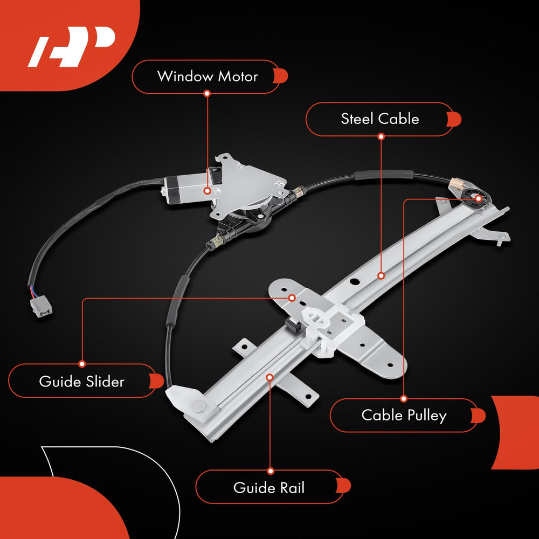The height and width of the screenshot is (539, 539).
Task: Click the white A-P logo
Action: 72,46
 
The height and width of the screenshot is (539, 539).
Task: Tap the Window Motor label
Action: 208,77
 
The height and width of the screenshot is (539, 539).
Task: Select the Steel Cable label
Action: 380,119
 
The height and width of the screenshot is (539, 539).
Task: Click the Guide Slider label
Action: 82,381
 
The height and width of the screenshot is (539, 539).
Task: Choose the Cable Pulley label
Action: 404,415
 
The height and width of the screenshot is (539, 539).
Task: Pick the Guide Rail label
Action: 269,487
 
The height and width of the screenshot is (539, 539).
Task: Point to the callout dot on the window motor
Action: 207,190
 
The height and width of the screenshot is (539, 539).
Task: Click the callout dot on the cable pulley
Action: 478,198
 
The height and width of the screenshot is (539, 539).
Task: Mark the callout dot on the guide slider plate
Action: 292,298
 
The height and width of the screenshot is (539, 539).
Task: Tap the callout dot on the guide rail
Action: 270,377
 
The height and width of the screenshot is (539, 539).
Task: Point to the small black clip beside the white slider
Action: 292,325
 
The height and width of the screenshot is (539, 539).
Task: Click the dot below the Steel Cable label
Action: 381,136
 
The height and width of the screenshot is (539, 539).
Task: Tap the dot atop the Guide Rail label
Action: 271,471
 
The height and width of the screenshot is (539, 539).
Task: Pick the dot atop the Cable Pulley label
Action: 404,399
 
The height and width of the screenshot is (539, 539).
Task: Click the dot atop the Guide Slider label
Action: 82,364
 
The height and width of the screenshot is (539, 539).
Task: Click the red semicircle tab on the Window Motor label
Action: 281,76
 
